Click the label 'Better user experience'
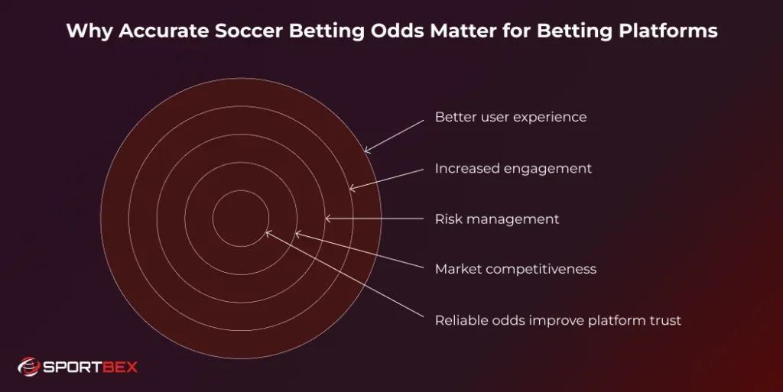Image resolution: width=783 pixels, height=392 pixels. pos(511,118)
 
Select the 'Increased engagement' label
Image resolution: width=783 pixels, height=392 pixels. pos(513,168)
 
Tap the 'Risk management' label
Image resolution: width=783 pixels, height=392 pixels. pos(497,219)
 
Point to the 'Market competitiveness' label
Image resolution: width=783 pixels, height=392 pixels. pos(515,269)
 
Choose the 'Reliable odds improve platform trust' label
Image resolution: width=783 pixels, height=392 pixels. pos(557,320)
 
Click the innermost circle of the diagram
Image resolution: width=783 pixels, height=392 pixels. pos(239,218)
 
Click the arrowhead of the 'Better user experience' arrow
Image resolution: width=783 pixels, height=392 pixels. pos(366,151)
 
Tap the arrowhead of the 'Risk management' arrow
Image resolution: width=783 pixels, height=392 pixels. pos(327,219)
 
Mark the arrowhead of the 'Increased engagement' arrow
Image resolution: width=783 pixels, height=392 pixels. pos(351,188)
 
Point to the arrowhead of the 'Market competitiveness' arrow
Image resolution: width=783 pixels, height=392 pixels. pos(297,234)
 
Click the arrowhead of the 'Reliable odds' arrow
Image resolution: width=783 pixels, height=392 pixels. pos(267,232)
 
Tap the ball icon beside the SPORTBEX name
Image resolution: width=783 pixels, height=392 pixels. pos(28,368)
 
